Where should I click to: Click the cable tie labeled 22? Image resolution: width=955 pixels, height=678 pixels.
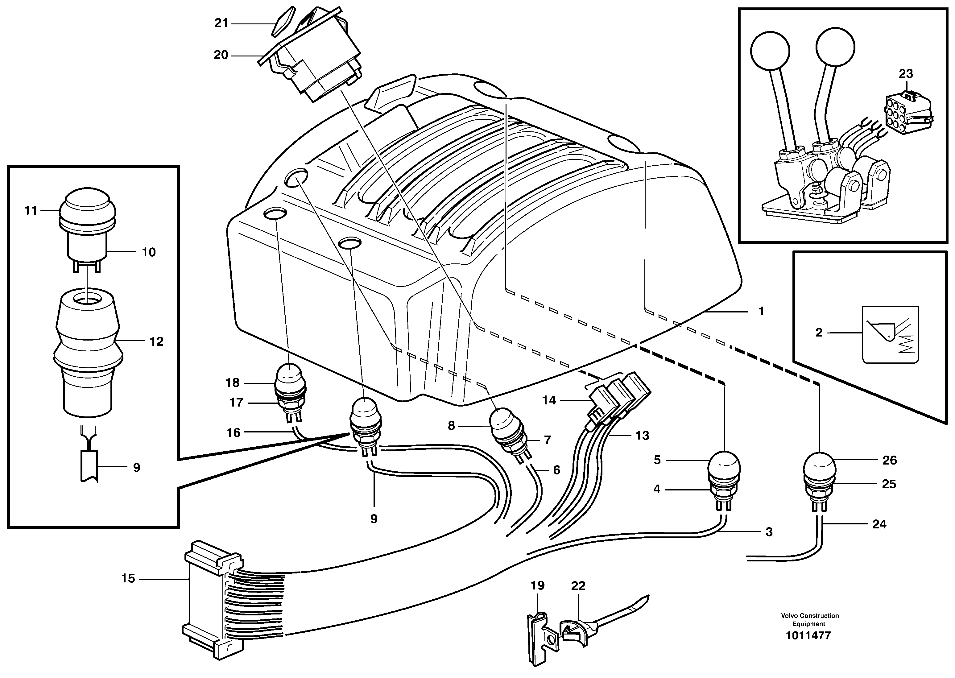pyautogui.click(x=576, y=630)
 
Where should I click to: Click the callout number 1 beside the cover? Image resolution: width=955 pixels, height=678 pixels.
pyautogui.click(x=760, y=311)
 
